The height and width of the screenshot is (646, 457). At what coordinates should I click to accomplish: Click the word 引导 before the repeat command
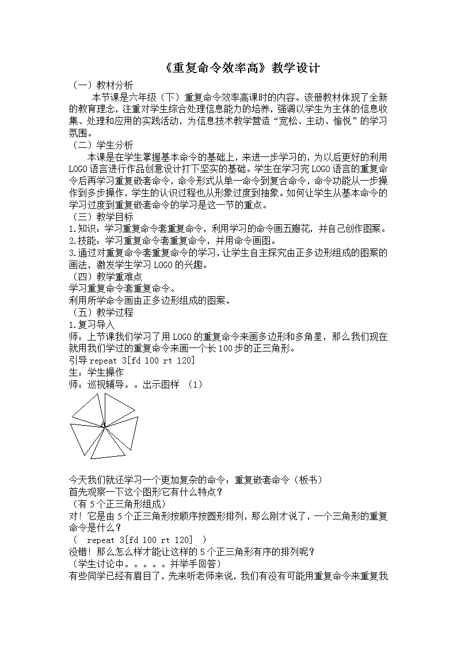pyautogui.click(x=78, y=360)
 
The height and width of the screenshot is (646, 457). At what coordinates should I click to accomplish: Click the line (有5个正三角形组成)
pyautogui.click(x=113, y=503)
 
